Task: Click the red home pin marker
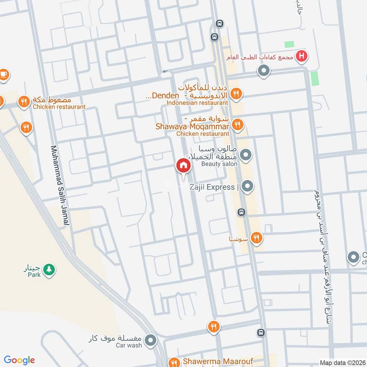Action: point(183,166)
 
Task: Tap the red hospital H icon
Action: point(301,56)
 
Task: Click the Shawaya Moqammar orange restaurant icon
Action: point(237,124)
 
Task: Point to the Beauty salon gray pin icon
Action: point(246,155)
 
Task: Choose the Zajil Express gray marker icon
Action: point(247,186)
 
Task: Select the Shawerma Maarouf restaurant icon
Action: point(174,361)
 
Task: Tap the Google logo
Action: point(19,360)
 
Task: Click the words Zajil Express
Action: point(212,187)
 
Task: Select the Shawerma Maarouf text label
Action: point(217,361)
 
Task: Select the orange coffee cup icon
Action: point(3,74)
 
